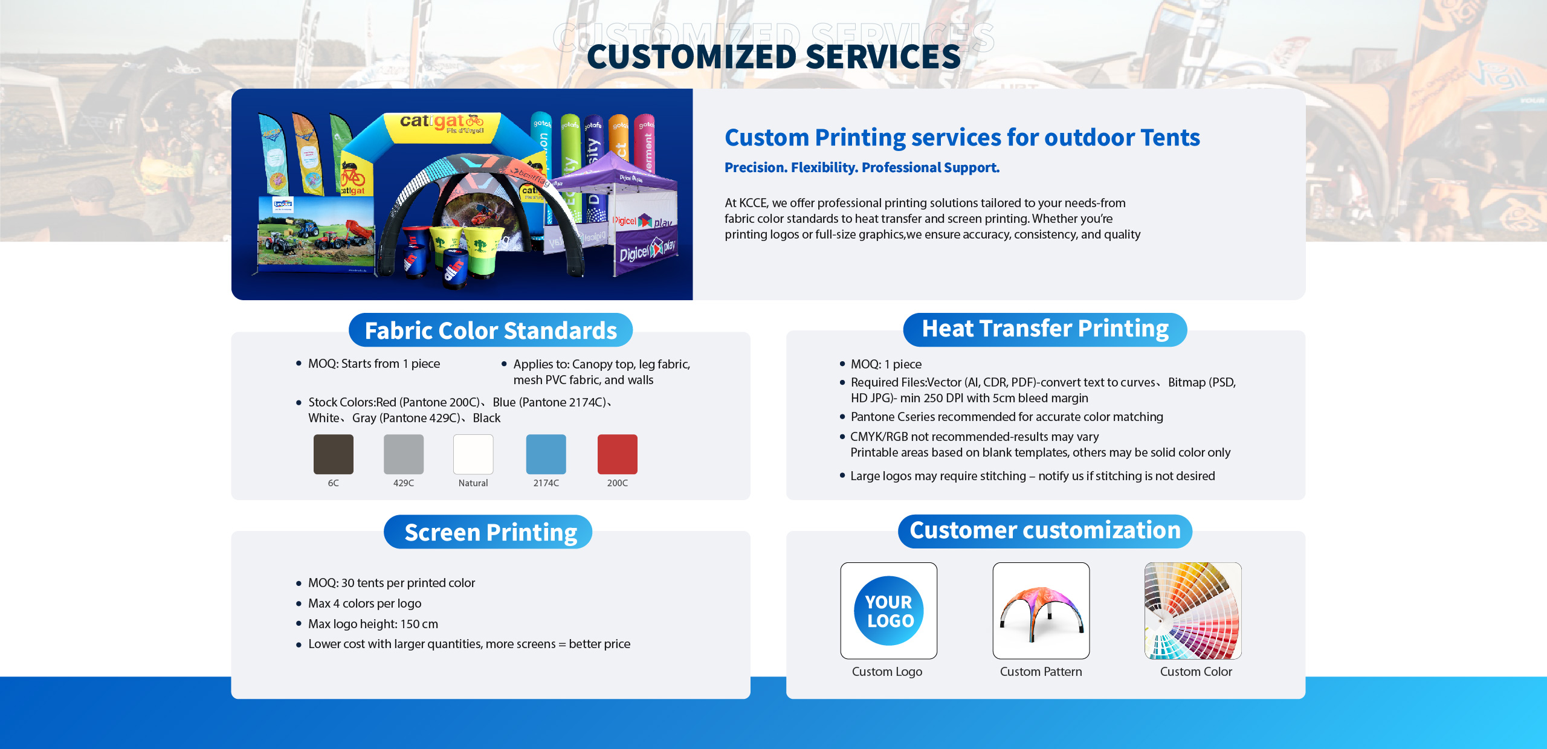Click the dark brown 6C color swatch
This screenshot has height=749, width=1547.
[x=334, y=454]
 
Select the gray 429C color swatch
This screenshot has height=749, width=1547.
[x=404, y=454]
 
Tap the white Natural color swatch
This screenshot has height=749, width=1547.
[x=473, y=454]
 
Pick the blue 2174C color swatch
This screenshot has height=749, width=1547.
[x=546, y=454]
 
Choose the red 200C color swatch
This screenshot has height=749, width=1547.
[x=618, y=454]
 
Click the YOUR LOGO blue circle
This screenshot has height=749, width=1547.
[x=889, y=611]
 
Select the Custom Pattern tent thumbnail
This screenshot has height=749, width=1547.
[x=1041, y=611]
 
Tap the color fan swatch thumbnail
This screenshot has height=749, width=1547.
[x=1193, y=611]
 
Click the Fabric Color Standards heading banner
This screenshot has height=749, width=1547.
[x=491, y=330]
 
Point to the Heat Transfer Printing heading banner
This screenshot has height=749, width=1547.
[x=1045, y=329]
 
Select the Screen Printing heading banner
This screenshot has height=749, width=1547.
[x=488, y=532]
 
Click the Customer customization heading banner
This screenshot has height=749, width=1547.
[x=1045, y=531]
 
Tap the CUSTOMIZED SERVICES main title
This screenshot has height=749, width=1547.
[x=773, y=57]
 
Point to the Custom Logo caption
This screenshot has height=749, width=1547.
[x=887, y=672]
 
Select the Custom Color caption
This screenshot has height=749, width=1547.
[x=1196, y=672]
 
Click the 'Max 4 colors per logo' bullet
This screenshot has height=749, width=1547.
[x=364, y=603]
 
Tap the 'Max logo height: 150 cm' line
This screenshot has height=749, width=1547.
[x=373, y=624]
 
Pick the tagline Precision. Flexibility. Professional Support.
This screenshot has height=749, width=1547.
[x=862, y=168]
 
